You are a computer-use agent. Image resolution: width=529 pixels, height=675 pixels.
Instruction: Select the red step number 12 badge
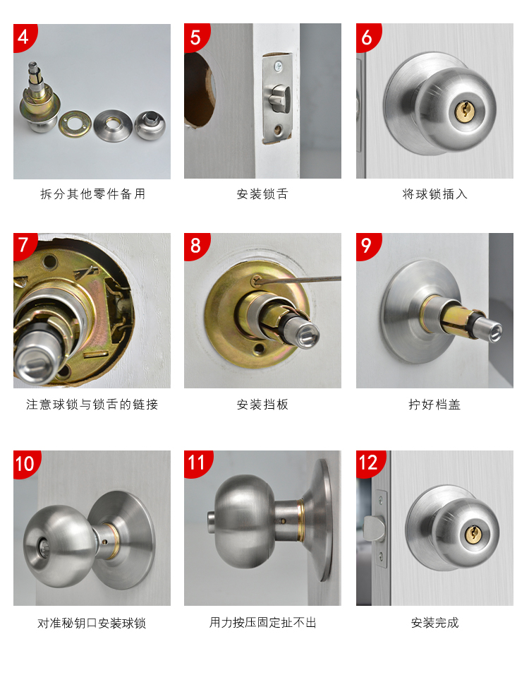click(368, 462)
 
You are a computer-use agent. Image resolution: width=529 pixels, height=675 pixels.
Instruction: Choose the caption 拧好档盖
click(434, 405)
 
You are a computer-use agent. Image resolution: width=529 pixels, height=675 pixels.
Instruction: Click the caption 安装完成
click(434, 623)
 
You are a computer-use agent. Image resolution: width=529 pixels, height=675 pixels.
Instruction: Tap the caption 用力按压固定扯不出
click(262, 623)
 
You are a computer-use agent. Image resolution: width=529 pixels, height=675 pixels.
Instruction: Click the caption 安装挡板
click(262, 405)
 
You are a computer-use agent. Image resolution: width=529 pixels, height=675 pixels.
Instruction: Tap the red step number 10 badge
click(24, 463)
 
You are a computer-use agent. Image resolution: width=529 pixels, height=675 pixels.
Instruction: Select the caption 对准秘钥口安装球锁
click(92, 623)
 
